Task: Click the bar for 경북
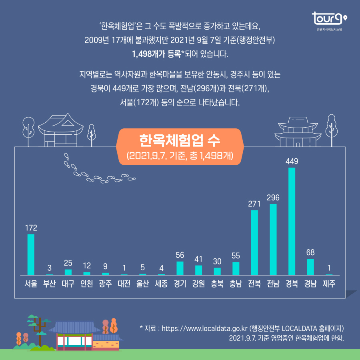pyautogui.click(x=292, y=221)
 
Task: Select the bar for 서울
pyautogui.click(x=31, y=254)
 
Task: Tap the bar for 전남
pyautogui.click(x=273, y=239)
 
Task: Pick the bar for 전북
pyautogui.click(x=254, y=242)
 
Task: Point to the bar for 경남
pyautogui.click(x=310, y=267)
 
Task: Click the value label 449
pyautogui.click(x=292, y=161)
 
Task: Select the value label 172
pyautogui.click(x=31, y=228)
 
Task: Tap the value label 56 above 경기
pyautogui.click(x=180, y=255)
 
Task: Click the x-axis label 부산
pyautogui.click(x=49, y=284)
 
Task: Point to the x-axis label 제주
pyautogui.click(x=329, y=284)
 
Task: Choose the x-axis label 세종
pyautogui.click(x=161, y=284)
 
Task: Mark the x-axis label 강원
pyautogui.click(x=198, y=284)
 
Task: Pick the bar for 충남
pyautogui.click(x=236, y=268)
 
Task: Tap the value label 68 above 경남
pyautogui.click(x=310, y=252)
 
